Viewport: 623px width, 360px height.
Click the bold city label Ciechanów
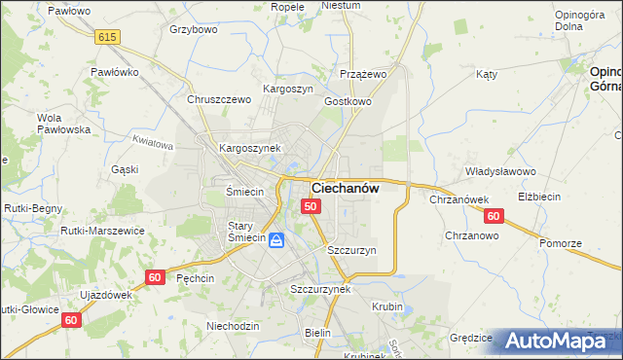pos(346,188)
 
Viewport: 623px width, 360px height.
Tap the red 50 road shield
pos(311,206)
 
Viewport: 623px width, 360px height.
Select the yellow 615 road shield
pos(108,36)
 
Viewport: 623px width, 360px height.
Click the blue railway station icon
pos(277,239)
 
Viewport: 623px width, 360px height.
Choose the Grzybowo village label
pos(193,29)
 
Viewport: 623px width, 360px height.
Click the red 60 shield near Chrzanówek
pos(494,216)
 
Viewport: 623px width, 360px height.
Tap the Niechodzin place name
pos(233,326)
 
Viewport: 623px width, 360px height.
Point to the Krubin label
pos(387,306)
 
